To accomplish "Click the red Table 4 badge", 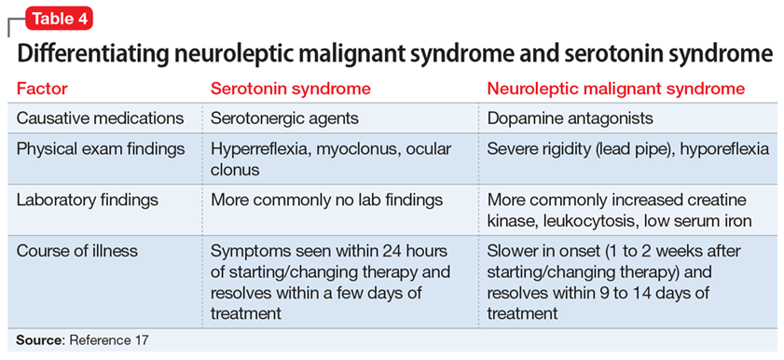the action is click(60, 19).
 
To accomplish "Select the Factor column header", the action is click(42, 89).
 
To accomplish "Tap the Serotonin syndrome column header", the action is click(291, 89).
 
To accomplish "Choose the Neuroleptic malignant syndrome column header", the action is click(616, 89).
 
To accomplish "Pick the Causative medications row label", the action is click(101, 118).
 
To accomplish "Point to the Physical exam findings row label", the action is click(101, 148).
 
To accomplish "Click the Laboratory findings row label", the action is click(88, 200).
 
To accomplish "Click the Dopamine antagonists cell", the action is click(571, 118).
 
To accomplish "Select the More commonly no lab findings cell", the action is click(326, 200).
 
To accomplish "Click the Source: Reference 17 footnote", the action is click(82, 340).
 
